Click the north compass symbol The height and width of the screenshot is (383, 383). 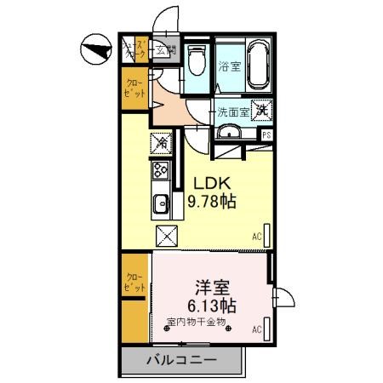(95, 49)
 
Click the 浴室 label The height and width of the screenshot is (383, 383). (229, 66)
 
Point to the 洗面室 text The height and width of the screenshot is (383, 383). (232, 111)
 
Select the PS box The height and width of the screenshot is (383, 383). (266, 134)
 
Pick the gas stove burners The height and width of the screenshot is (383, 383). (160, 172)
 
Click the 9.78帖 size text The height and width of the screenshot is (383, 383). (212, 203)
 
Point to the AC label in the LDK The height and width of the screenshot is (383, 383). (256, 237)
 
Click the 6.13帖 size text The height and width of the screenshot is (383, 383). (212, 305)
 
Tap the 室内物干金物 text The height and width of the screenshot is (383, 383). (196, 322)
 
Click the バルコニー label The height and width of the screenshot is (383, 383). (180, 360)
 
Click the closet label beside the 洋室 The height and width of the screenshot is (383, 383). (134, 283)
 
